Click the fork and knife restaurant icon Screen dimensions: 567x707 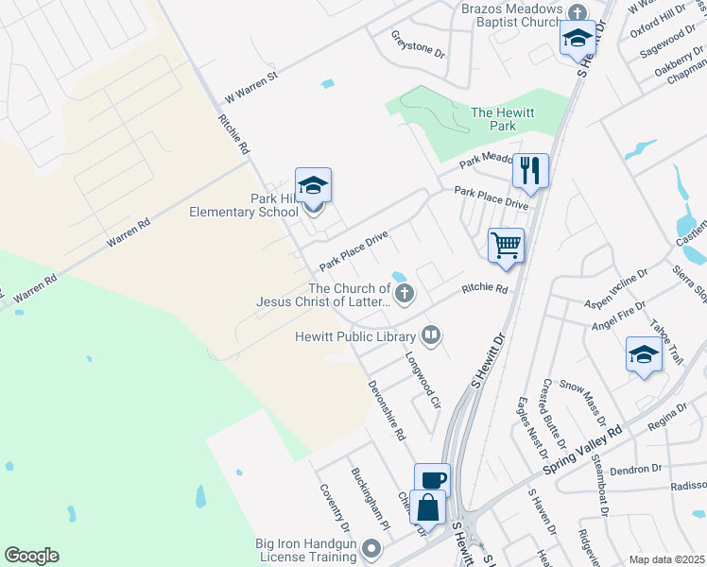click(530, 171)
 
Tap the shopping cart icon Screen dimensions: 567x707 click(507, 245)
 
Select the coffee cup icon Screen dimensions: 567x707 click(433, 480)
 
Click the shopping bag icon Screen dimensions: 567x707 click(428, 506)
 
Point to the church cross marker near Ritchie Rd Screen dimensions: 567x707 click(405, 293)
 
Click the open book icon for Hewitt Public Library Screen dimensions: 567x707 click(431, 335)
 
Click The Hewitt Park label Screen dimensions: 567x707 click(503, 119)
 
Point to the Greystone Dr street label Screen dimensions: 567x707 click(418, 43)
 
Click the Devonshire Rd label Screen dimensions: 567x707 click(387, 411)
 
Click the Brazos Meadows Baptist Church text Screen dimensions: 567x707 click(511, 14)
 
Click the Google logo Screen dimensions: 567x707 click(31, 556)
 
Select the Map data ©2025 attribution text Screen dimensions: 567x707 click(666, 559)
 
